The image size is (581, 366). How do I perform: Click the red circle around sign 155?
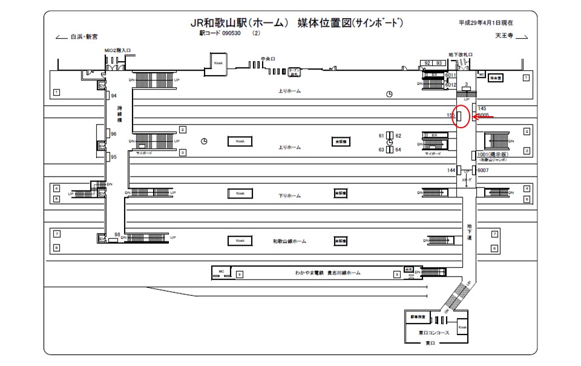click(461, 116)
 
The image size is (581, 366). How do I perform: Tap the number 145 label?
click(482, 108)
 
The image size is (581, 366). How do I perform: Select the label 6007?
click(482, 170)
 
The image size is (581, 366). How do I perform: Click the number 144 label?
click(451, 171)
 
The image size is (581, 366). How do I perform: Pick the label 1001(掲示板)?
click(492, 154)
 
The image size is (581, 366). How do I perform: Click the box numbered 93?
click(439, 63)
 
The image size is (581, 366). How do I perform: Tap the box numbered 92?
click(427, 63)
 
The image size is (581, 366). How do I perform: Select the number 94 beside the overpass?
click(113, 96)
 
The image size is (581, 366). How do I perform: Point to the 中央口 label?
click(268, 59)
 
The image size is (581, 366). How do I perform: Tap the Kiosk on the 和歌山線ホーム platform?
click(240, 241)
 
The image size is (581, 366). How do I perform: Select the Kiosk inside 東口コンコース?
click(463, 327)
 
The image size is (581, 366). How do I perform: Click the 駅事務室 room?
click(418, 317)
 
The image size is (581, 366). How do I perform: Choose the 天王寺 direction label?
click(504, 36)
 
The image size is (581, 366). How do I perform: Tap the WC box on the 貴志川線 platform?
click(221, 270)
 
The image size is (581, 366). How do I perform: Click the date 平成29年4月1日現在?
click(486, 23)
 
